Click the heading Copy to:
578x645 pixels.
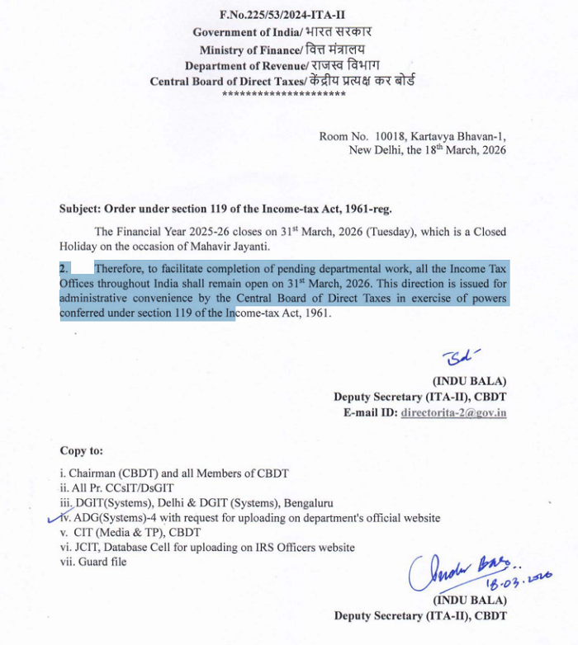(x=82, y=451)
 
